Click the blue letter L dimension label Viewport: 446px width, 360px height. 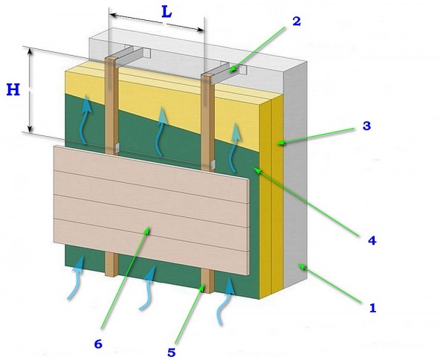[167, 12]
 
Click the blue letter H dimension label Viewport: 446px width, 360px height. [13, 90]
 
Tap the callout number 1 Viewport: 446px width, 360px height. [372, 308]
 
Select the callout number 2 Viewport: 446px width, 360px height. [297, 22]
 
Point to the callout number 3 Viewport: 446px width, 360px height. [366, 126]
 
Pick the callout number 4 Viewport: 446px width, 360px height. [372, 241]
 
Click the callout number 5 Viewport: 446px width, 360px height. [171, 353]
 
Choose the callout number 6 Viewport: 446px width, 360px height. [98, 344]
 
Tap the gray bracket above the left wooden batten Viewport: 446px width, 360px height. [131, 57]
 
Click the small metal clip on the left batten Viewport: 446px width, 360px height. [117, 147]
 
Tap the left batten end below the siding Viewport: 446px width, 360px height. [111, 265]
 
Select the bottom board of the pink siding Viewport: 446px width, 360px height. [151, 247]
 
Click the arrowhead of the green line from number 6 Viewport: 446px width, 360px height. [147, 229]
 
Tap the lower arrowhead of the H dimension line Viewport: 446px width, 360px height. [30, 129]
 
